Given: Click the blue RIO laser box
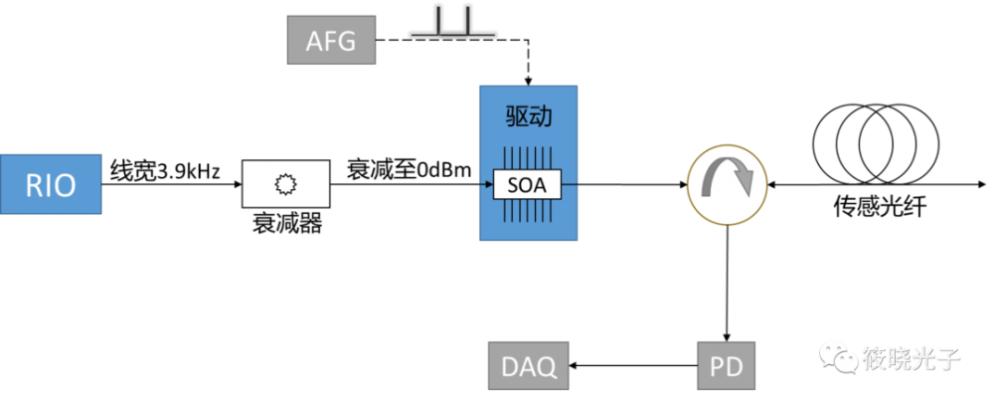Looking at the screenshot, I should pos(51,185).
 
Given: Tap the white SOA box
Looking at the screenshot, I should pos(528,184).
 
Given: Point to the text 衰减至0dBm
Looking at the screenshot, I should pos(408,169).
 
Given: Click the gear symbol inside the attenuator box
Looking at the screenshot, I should pos(286,184).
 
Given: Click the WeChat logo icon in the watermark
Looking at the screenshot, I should pos(842,357).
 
